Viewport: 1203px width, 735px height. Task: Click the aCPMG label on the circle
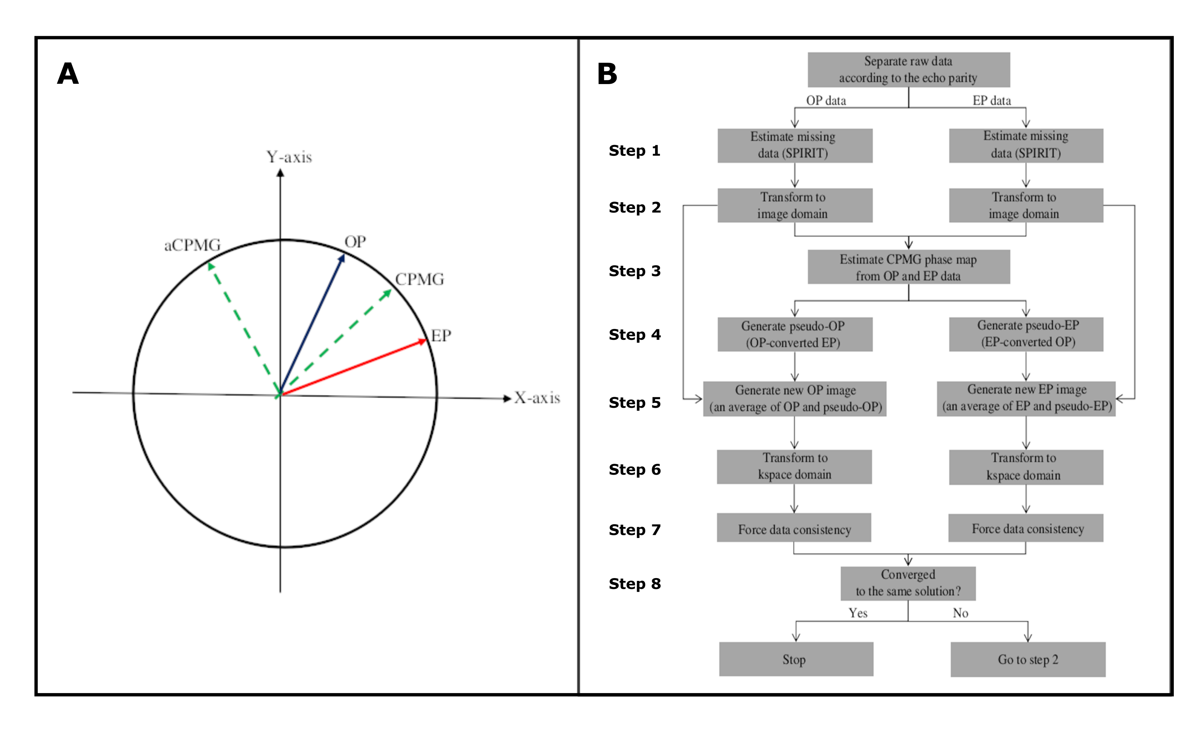point(193,245)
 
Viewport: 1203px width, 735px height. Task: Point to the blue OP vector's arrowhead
point(342,258)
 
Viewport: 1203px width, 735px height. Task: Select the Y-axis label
point(289,157)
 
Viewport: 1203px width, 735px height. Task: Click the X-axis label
point(537,398)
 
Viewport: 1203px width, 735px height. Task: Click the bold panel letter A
point(68,74)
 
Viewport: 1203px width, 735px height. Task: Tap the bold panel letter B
point(607,74)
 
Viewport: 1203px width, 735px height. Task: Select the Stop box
point(796,659)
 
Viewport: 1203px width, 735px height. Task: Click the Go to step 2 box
point(1028,659)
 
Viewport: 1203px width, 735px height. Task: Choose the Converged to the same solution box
point(908,583)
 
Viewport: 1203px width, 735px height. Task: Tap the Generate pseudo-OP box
point(795,334)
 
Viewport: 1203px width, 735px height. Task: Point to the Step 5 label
point(634,403)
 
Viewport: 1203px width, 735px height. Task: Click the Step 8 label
point(634,584)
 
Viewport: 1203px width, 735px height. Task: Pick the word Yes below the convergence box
point(858,613)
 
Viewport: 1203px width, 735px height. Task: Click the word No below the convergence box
point(960,613)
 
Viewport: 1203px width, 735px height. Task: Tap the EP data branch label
point(991,101)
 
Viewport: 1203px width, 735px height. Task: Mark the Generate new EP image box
point(1026,398)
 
